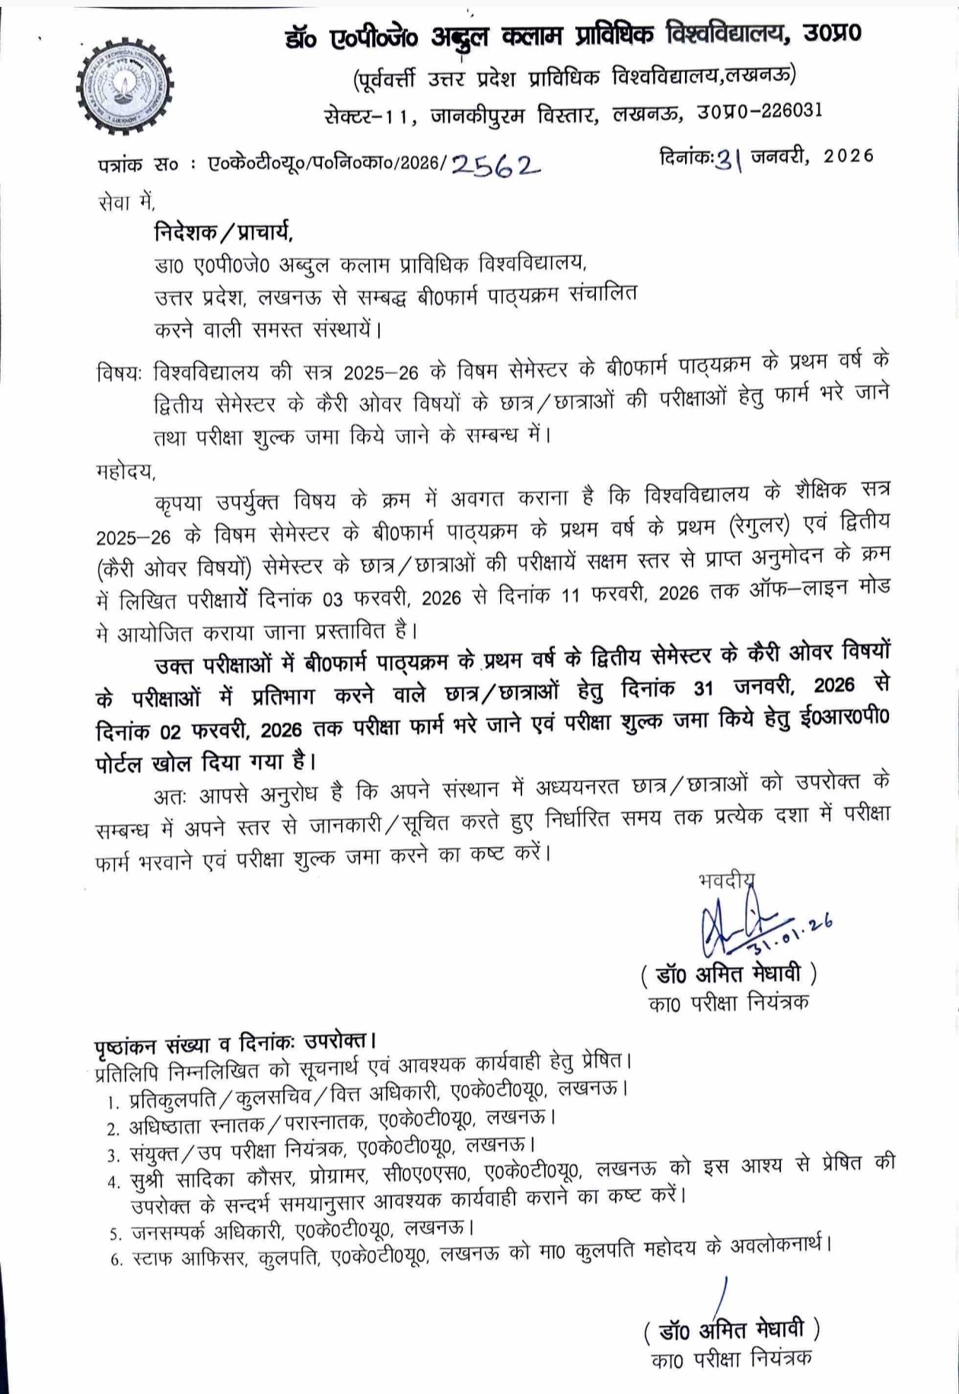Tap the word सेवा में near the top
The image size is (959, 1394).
[127, 202]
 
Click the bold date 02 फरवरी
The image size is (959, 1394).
[206, 730]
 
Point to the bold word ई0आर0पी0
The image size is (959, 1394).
[846, 719]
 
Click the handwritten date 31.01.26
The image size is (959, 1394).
[792, 933]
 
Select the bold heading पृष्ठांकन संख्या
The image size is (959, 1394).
[163, 1042]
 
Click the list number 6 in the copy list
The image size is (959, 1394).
[116, 1260]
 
